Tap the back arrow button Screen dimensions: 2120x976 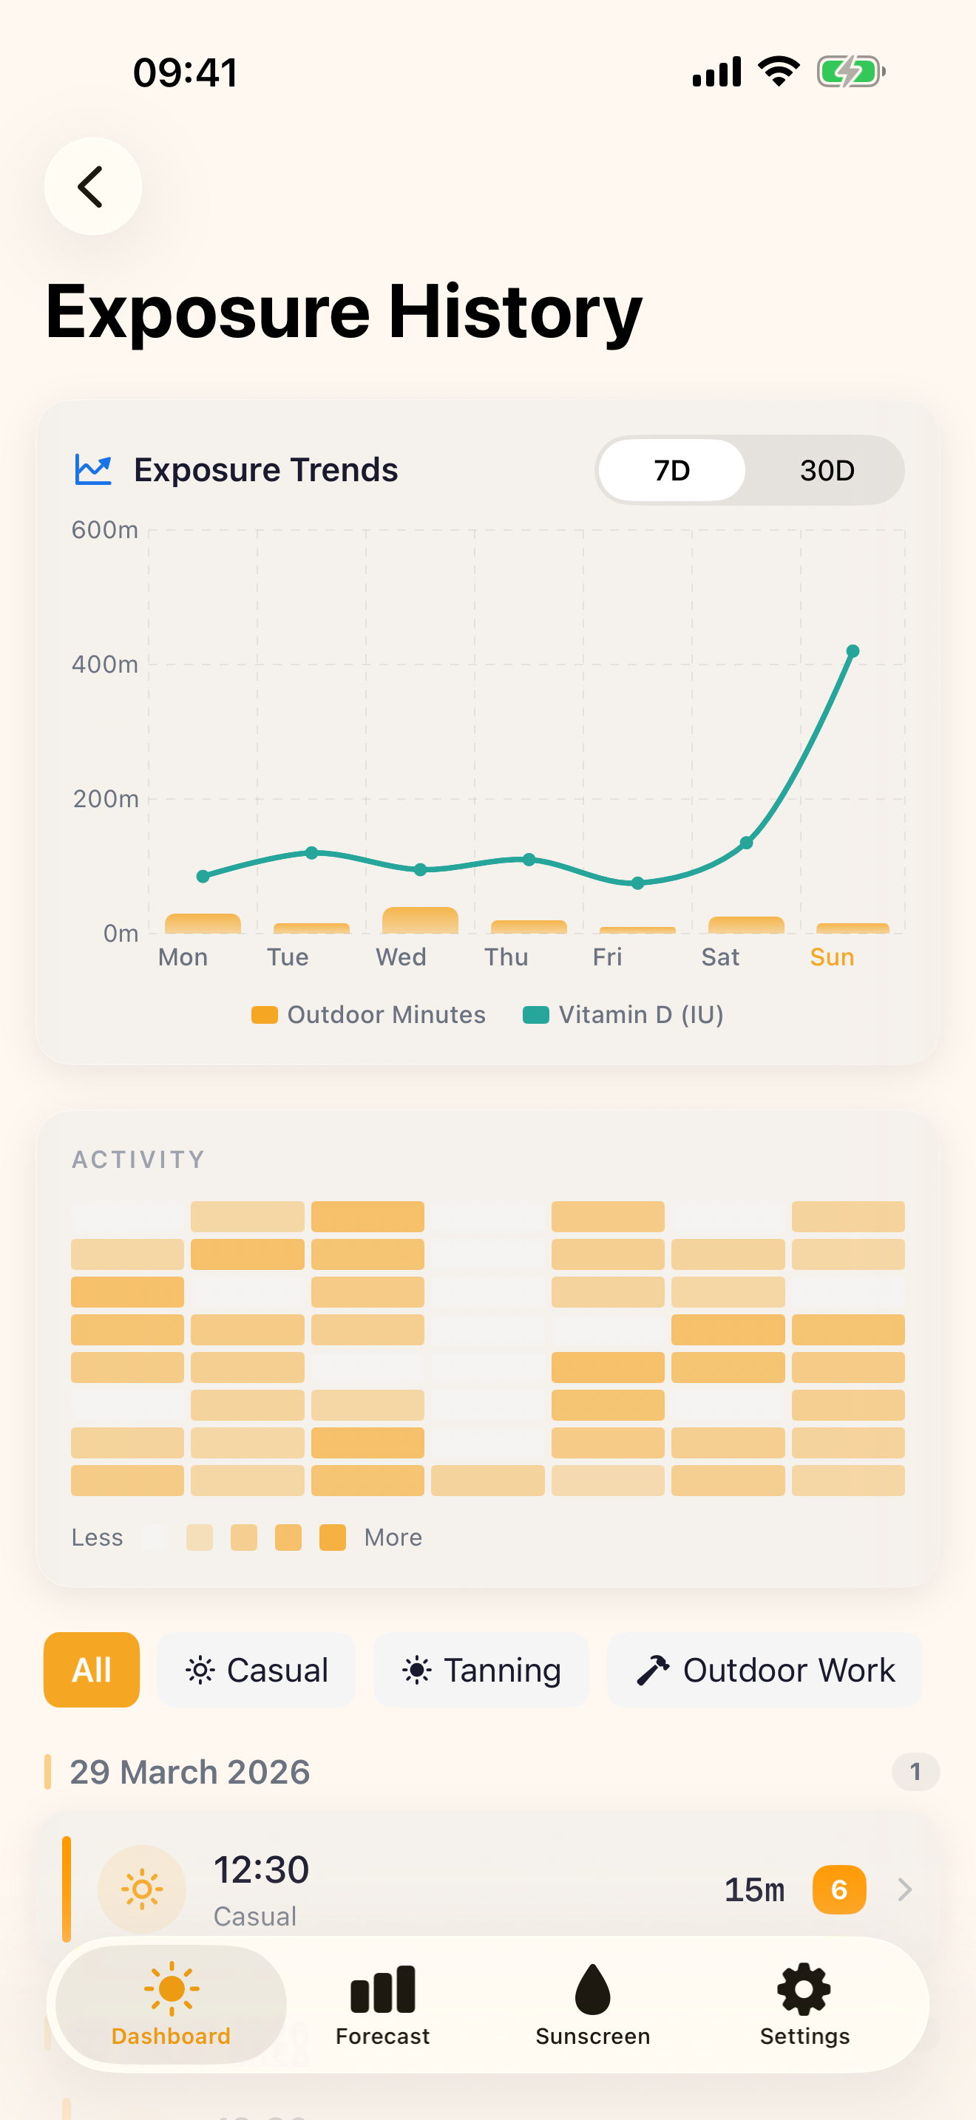[92, 186]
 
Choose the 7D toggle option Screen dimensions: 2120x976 [671, 471]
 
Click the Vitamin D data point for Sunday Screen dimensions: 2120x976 [853, 651]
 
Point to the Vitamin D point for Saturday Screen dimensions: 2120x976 [745, 843]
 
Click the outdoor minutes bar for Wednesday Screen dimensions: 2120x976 [420, 920]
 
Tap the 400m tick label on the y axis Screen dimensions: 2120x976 [104, 664]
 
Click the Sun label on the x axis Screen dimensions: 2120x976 [831, 957]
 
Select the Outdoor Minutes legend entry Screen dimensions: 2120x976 [369, 1015]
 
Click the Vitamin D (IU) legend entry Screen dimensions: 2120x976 [623, 1015]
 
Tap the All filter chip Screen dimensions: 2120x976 [92, 1670]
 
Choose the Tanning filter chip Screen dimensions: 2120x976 [481, 1670]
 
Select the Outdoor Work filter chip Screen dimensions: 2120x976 [765, 1670]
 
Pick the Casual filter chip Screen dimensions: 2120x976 [257, 1670]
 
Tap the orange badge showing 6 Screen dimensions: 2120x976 [838, 1889]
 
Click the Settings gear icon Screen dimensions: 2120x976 [804, 1990]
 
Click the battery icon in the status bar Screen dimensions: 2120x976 [850, 72]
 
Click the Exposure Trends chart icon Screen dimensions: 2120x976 [93, 470]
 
